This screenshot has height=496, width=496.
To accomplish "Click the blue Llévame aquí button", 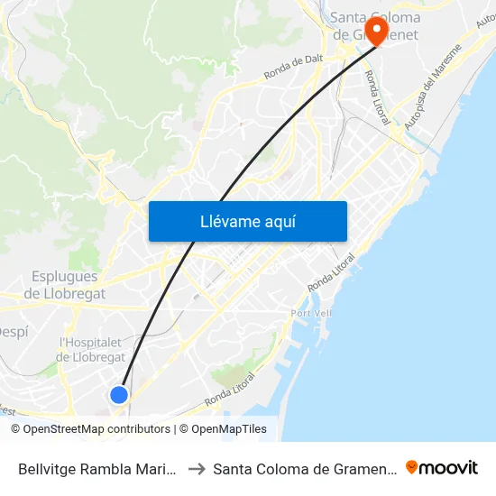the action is tap(247, 222).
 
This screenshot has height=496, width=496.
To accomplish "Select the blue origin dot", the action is tap(118, 394).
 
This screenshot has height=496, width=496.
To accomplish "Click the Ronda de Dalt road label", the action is tap(293, 76).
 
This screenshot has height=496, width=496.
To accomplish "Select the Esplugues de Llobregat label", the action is tap(64, 285).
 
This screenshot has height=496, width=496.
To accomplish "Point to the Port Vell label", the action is tap(313, 313).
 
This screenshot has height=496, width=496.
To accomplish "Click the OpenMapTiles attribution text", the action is tap(229, 429).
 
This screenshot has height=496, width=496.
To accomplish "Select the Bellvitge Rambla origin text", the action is tap(96, 468).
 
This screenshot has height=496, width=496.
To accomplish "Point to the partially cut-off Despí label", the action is tap(14, 332).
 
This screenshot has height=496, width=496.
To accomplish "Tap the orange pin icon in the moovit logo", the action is tap(412, 467).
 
